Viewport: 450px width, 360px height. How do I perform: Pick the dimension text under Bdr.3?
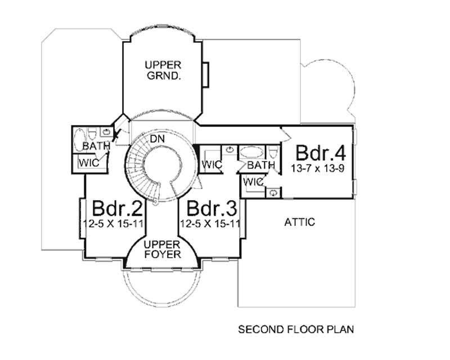tap(211, 223)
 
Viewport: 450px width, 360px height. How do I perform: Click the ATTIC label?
tap(299, 222)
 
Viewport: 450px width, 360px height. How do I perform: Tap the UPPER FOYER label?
tap(161, 249)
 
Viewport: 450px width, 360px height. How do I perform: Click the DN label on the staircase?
tap(156, 138)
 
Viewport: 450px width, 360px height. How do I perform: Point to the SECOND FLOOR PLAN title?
tap(296, 328)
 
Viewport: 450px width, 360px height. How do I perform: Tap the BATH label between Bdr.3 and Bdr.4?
tap(260, 165)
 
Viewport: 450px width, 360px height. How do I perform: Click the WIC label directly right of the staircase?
tap(212, 165)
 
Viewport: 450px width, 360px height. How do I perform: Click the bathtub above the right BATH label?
tap(251, 152)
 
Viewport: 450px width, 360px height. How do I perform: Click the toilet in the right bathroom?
tap(273, 152)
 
